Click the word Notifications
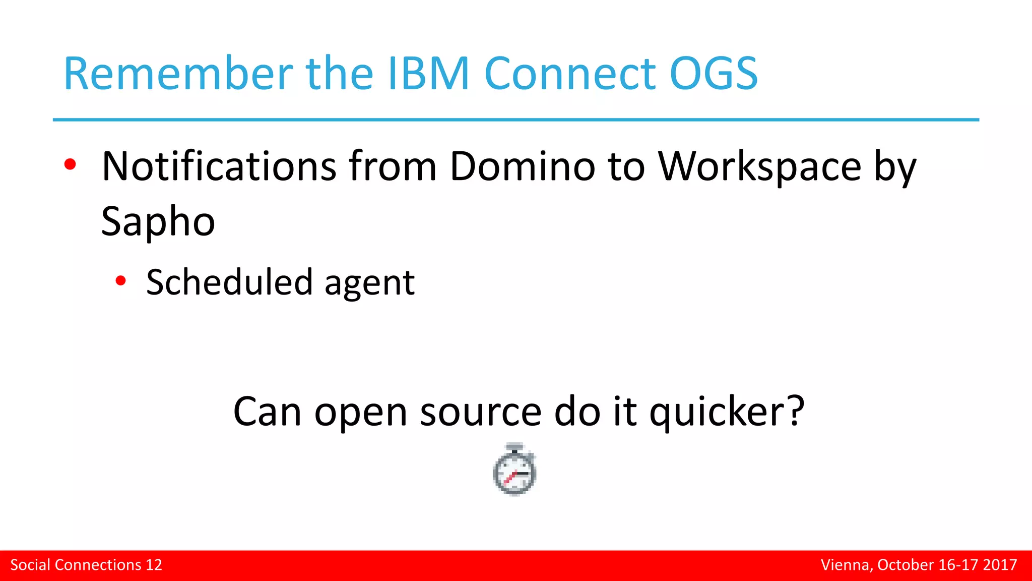coord(219,166)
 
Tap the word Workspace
coord(760,166)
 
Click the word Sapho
coord(158,221)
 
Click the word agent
coord(369,283)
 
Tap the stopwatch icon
coord(514,470)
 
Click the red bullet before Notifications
coord(70,164)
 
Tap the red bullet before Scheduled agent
coord(120,281)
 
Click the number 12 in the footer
coord(154,565)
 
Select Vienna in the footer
coord(846,565)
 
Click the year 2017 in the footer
coord(1000,565)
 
